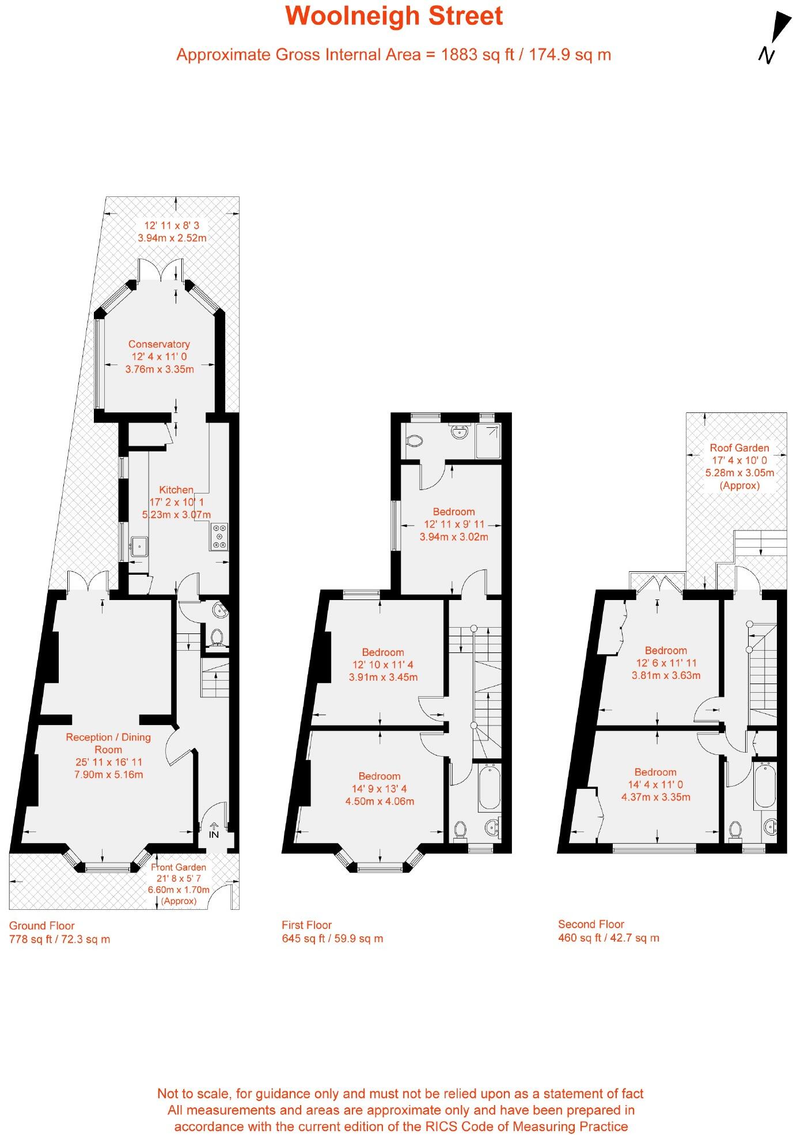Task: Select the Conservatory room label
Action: point(159,344)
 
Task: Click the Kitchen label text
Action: point(176,489)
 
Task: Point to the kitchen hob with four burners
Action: point(220,536)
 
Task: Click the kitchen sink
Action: point(139,546)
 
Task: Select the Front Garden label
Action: point(179,867)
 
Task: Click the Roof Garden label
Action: point(739,447)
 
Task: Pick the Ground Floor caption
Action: point(42,925)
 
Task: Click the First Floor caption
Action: point(306,925)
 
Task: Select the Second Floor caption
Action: point(591,924)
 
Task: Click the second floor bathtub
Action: point(764,784)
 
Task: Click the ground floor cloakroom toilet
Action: point(217,637)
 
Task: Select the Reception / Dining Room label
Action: point(108,743)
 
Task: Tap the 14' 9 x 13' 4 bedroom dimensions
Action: point(380,788)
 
